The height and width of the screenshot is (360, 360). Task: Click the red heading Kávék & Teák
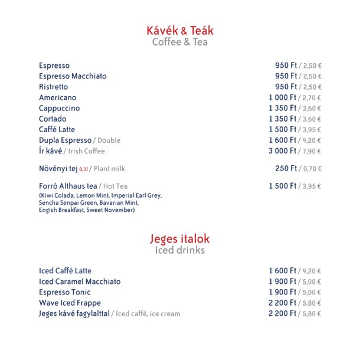[180, 30]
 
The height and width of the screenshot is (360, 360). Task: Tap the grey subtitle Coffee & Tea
[180, 42]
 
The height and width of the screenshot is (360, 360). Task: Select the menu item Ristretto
[54, 87]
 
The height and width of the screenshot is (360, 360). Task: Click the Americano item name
[58, 97]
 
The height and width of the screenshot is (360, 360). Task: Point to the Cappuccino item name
[60, 108]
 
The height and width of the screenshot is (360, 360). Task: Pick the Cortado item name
[53, 119]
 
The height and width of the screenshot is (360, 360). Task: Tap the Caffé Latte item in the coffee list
[57, 129]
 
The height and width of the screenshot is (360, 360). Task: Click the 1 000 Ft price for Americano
[283, 97]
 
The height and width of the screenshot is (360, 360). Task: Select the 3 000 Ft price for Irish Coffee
[283, 150]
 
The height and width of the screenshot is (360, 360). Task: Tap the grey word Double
[109, 140]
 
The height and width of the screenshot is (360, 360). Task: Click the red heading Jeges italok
[180, 238]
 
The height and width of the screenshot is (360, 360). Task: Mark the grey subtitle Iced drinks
[180, 250]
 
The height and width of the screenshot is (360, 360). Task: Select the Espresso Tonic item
[65, 292]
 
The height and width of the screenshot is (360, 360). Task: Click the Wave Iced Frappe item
[70, 303]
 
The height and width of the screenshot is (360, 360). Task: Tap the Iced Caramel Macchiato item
[80, 282]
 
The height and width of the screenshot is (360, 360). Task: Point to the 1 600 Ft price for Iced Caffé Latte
[283, 271]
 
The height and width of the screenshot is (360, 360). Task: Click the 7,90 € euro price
[311, 151]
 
